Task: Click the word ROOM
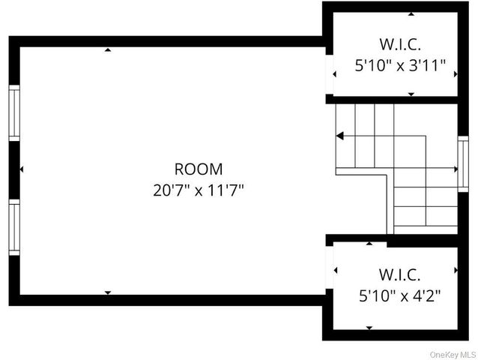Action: tap(199, 169)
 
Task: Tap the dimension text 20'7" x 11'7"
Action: tap(199, 190)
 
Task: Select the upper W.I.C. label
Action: tap(400, 44)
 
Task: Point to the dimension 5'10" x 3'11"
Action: tap(400, 65)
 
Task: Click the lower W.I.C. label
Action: tap(399, 274)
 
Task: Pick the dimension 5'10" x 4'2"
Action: tap(399, 295)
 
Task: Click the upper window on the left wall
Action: tap(14, 113)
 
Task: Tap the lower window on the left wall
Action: tap(14, 227)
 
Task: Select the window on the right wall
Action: tap(463, 164)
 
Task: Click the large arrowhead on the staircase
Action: tap(339, 136)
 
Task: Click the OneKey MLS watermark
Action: tap(453, 355)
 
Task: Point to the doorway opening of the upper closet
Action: tap(329, 74)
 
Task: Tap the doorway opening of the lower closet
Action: tap(329, 267)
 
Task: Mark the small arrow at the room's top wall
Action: tap(108, 49)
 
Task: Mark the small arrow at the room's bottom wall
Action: tap(108, 292)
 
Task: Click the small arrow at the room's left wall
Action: tap(21, 169)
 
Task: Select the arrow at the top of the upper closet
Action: tap(411, 13)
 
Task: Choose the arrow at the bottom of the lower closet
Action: tap(369, 328)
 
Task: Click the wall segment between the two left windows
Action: tap(14, 170)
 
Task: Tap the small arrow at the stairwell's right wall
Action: tap(456, 169)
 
